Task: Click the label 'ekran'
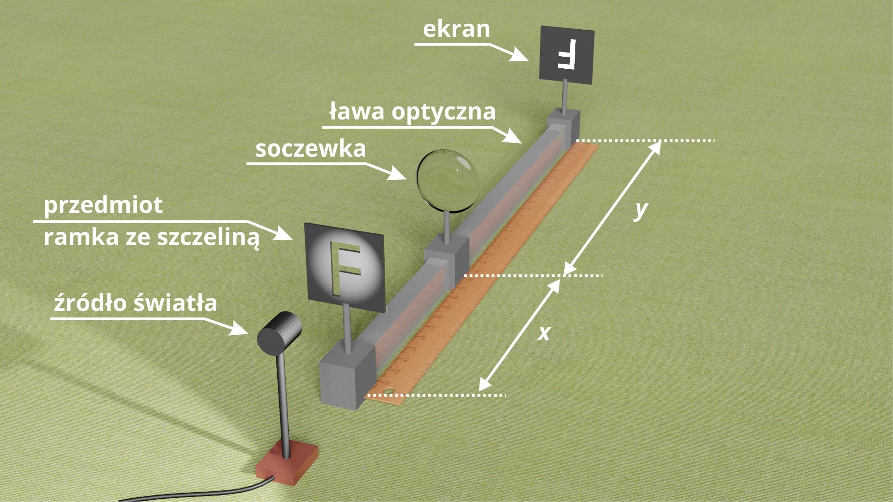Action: (x=456, y=29)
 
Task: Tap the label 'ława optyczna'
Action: (x=412, y=112)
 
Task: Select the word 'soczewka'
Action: (x=311, y=149)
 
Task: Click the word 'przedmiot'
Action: (x=103, y=205)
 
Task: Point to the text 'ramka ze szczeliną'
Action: (x=152, y=238)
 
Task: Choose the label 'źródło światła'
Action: (x=135, y=303)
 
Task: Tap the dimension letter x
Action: (x=544, y=333)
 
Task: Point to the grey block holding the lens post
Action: (x=446, y=258)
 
